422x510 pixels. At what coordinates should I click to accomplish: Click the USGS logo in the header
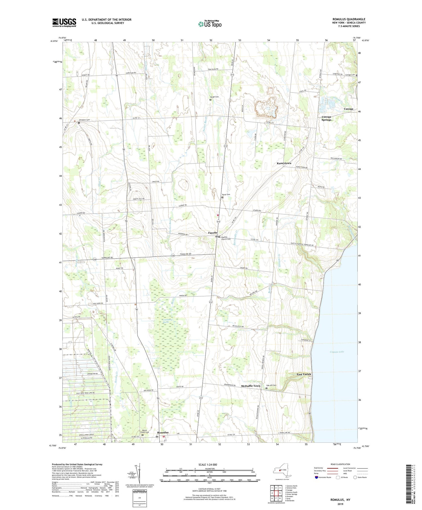tap(64, 23)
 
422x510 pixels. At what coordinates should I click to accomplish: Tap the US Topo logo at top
tap(210, 24)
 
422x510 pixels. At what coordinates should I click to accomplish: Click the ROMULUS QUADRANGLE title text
tap(349, 19)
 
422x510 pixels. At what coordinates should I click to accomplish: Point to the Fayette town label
tap(213, 233)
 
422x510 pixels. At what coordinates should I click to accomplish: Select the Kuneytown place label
tap(284, 163)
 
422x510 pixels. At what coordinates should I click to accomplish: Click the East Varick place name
tap(304, 374)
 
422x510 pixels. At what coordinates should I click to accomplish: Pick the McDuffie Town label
tap(251, 386)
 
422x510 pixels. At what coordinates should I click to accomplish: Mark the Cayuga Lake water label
tap(337, 352)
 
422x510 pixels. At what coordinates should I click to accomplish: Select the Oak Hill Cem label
tap(271, 385)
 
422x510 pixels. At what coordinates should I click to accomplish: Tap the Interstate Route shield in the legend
tap(316, 477)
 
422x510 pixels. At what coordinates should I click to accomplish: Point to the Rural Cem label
tap(226, 194)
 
